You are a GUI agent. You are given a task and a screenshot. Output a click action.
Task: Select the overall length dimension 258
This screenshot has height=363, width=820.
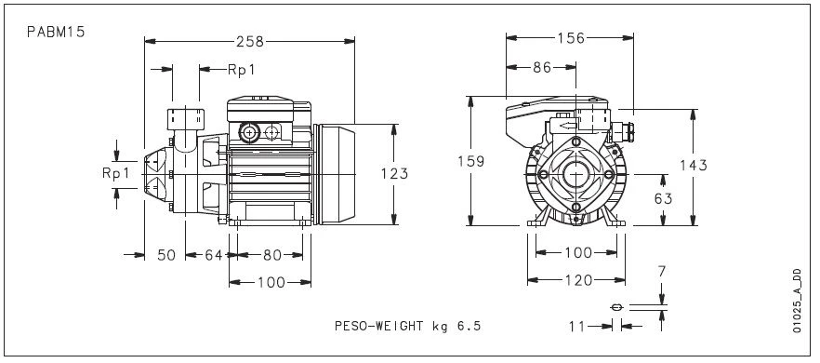coord(250,41)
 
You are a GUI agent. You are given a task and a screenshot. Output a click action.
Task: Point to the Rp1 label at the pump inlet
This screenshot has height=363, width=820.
coord(114,173)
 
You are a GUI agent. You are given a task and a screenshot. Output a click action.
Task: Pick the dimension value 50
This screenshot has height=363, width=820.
coord(165,255)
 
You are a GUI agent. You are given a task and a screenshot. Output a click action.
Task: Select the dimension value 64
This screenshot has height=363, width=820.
coord(214,255)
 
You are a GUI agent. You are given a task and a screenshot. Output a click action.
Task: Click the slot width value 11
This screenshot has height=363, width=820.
coord(578,326)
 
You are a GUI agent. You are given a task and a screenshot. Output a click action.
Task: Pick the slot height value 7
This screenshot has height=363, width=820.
coord(661,271)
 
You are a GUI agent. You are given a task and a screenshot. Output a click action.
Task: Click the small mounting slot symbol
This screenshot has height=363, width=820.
coord(615,307)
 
